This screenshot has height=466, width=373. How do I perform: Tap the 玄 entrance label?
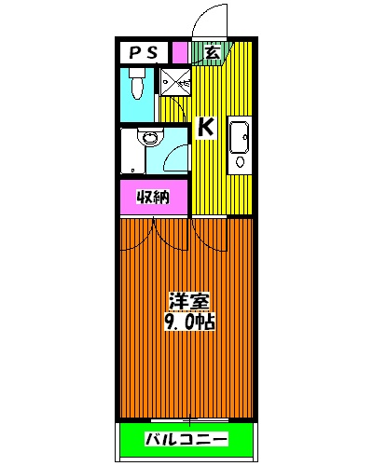click(212, 53)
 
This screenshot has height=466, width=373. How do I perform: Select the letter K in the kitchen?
click(206, 128)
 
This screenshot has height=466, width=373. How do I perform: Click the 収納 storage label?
click(152, 198)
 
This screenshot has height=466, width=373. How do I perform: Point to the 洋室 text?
click(189, 302)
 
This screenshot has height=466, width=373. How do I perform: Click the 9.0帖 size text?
click(189, 322)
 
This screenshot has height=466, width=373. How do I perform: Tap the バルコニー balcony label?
click(186, 439)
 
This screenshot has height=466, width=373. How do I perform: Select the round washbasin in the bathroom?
click(146, 139)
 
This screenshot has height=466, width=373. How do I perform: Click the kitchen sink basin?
click(239, 135)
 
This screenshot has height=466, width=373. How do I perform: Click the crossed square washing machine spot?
click(174, 83)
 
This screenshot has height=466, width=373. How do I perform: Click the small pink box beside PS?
click(178, 53)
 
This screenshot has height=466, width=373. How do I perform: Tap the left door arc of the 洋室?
click(142, 235)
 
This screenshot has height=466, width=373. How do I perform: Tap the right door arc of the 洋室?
click(210, 235)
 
